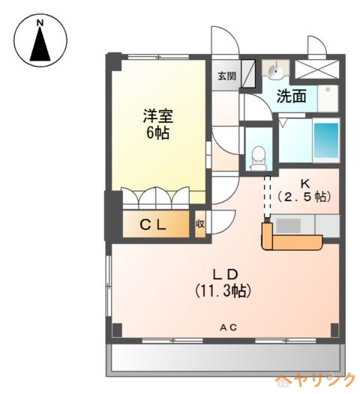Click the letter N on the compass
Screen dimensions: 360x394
tap(40, 23)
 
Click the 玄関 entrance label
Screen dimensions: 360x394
tap(226, 76)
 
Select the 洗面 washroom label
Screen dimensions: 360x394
tap(291, 96)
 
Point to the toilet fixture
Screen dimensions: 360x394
tap(258, 159)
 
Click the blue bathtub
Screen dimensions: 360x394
tap(326, 140)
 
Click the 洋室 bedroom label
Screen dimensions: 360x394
tap(158, 116)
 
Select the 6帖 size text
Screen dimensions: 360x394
tap(158, 133)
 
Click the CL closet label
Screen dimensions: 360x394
tap(153, 225)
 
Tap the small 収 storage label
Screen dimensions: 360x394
tap(200, 224)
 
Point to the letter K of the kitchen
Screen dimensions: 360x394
tap(305, 184)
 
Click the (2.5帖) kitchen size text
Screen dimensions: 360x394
tap(304, 197)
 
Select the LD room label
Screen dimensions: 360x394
tap(225, 275)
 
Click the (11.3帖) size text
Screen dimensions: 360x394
tap(223, 291)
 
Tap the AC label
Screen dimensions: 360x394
tap(229, 327)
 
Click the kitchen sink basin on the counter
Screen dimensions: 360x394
tap(288, 225)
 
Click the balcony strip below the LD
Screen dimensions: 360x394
tap(225, 360)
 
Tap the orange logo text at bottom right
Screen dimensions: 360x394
tap(315, 381)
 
